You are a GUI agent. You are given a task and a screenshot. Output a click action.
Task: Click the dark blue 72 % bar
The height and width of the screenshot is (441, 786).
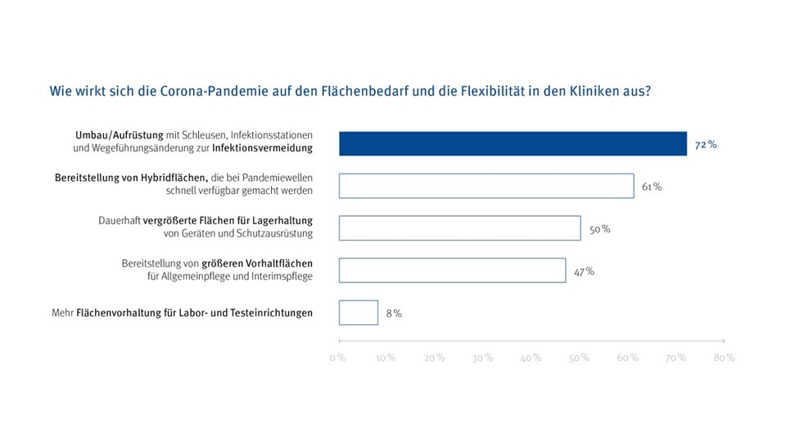513,143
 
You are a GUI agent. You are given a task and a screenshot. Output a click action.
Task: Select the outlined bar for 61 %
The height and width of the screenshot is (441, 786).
486,186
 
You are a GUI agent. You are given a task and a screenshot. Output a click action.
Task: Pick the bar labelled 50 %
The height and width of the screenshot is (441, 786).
459,228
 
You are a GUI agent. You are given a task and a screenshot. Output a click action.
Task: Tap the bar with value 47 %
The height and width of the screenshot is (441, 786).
452,270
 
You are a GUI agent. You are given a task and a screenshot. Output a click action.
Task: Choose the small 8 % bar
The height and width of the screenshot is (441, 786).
358,313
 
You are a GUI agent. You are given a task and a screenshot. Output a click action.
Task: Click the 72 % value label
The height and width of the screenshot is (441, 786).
706,144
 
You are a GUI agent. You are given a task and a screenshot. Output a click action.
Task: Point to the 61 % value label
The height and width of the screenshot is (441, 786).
652,187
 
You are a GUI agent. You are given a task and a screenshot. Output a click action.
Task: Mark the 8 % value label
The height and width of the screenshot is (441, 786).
394,313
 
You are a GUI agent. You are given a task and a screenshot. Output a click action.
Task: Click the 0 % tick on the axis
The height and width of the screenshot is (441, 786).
337,358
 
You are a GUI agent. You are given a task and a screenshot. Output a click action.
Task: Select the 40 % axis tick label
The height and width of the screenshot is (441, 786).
531,358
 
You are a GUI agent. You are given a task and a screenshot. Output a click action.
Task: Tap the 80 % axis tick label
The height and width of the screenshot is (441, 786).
724,358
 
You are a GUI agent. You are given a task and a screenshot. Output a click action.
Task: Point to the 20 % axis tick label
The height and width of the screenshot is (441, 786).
434,358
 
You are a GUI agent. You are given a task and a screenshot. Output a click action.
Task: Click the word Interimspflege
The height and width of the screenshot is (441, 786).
278,277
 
